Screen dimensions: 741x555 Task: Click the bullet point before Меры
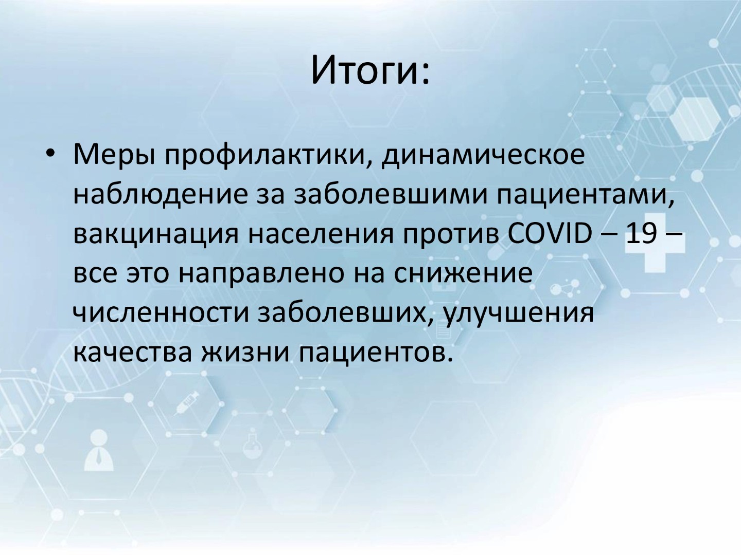(50, 153)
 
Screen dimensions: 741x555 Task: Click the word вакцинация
(156, 235)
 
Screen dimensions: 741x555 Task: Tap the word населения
(321, 234)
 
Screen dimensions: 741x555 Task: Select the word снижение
(463, 273)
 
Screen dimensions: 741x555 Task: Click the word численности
(161, 313)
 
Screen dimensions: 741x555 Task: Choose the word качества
(133, 353)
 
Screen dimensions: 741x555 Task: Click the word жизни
(245, 353)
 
